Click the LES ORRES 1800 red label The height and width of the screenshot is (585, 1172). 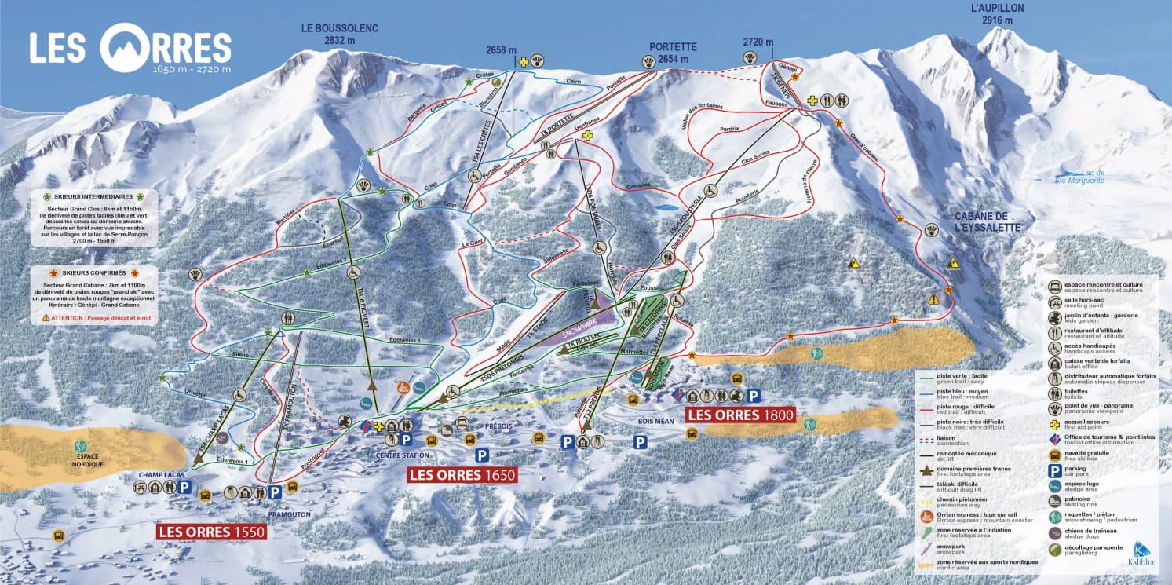coord(740,415)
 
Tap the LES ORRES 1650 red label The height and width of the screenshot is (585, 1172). coord(462,474)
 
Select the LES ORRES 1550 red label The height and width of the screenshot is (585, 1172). coord(212,532)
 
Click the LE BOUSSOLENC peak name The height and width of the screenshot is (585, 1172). coord(339,35)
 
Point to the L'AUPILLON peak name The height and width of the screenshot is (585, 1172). coord(997,15)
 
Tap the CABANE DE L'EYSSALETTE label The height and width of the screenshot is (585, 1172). coord(987,221)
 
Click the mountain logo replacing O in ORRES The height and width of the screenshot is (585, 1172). coord(126,47)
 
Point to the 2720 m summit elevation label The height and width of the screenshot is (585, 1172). coord(758,42)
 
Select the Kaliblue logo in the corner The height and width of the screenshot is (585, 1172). coord(1139,554)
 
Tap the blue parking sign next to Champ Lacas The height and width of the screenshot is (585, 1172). coord(184,488)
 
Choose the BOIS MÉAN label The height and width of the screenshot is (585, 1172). coord(656,422)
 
